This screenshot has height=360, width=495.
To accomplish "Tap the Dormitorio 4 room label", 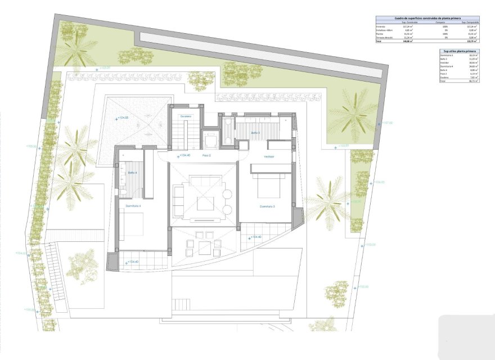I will coord(133,206).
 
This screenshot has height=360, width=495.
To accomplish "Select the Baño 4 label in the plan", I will coord(133,173).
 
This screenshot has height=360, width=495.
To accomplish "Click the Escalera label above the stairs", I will coord(186,116).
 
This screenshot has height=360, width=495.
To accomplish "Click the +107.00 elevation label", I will coord(385,123).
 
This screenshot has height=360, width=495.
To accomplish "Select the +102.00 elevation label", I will coord(361,287).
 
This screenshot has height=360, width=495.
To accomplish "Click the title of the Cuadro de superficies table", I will coord(427,19).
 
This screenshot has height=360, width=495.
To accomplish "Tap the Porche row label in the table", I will coord(381,33).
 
